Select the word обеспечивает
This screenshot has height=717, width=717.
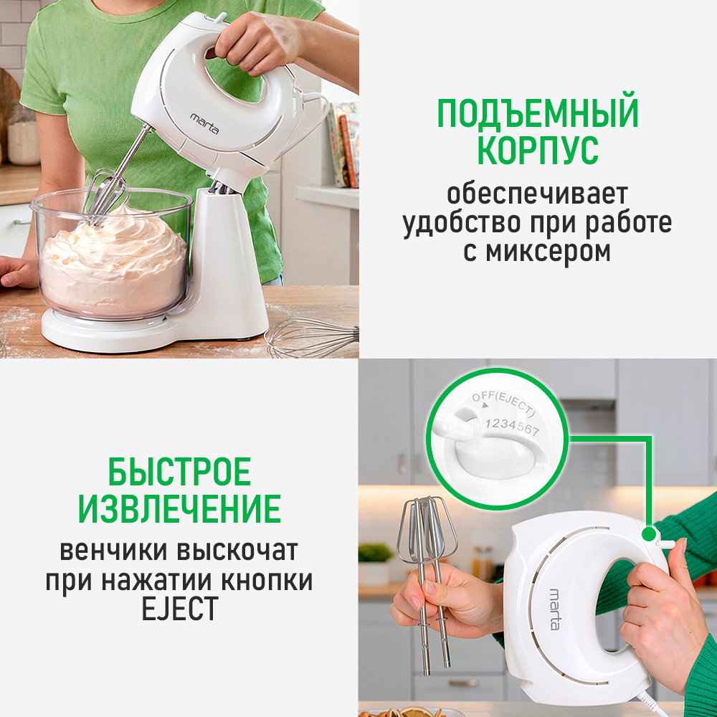coord(537,194)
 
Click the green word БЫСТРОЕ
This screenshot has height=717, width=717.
coord(180,472)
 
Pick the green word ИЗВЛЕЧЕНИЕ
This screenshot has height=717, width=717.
coord(179,508)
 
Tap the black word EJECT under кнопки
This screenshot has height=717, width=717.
coord(179,608)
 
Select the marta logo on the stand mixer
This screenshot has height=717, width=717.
coord(204,123)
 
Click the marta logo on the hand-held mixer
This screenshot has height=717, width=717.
coord(554,609)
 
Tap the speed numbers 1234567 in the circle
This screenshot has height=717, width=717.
coord(512,426)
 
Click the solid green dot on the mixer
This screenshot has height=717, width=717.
coord(648,533)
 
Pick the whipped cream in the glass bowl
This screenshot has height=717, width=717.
coord(113,261)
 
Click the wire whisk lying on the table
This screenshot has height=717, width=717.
coord(312,338)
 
